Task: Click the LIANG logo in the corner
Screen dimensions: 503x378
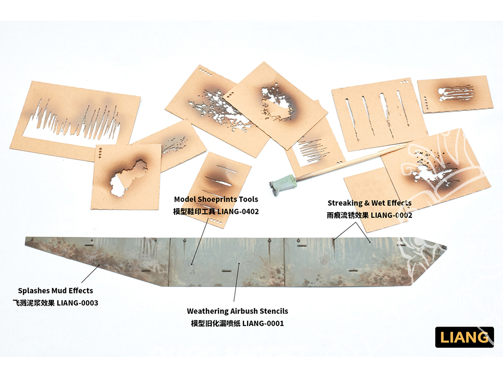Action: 464,337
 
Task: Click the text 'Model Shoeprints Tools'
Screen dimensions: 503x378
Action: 216,199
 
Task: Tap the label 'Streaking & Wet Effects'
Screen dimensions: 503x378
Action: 369,203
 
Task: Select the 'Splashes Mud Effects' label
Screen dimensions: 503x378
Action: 55,291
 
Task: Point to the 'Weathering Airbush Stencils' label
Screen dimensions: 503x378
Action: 237,311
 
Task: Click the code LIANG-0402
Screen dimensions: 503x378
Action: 238,212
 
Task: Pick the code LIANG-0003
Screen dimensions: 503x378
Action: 77,303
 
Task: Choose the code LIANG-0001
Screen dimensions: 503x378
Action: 263,324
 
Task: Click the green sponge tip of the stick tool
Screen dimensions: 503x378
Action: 282,185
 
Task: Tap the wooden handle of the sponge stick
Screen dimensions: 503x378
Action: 350,162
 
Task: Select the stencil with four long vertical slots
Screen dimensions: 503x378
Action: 379,114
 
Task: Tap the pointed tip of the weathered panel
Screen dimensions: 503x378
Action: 446,247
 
